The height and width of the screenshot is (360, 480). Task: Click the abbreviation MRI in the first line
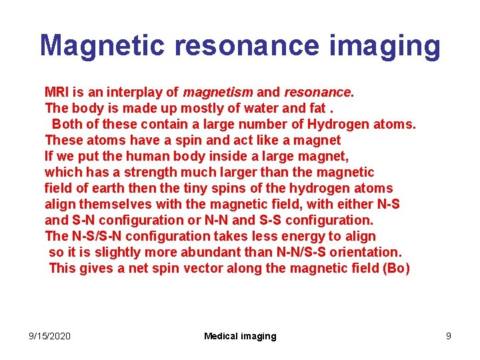56,92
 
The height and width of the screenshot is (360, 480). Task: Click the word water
252,108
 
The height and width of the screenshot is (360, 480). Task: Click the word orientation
365,252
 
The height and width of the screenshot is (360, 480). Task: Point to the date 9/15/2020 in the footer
49,336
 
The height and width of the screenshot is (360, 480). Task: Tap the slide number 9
449,336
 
